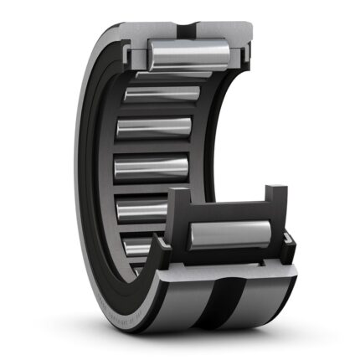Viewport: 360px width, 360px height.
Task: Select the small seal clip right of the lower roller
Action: click(x=289, y=245)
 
